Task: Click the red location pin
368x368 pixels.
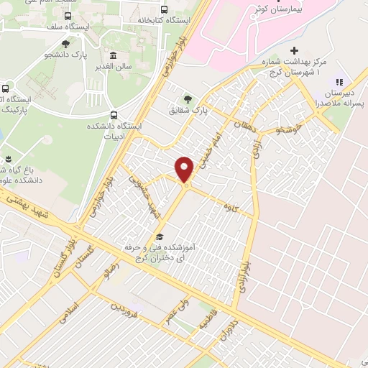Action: click(185, 168)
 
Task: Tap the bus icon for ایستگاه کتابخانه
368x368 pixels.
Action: click(165, 10)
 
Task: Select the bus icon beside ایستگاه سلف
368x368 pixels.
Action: click(68, 15)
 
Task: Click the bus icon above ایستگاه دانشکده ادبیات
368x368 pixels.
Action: click(114, 114)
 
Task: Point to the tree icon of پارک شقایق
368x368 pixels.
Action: click(188, 99)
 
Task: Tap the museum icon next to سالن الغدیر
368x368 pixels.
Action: click(113, 55)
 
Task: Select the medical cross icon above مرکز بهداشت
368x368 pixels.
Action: click(293, 50)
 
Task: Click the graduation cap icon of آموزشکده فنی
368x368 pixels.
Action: click(160, 236)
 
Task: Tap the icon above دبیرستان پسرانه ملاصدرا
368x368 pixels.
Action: click(339, 82)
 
